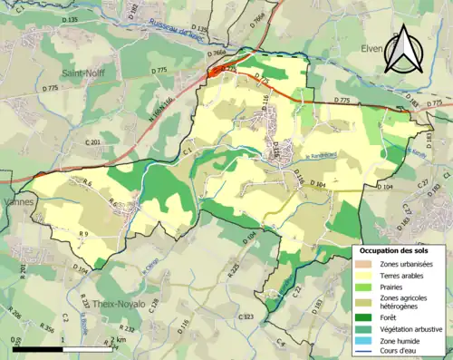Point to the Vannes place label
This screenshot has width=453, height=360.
(18, 202)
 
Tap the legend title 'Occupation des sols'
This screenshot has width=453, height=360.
(396, 249)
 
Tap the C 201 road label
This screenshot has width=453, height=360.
(92, 142)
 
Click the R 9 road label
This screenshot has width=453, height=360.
(82, 235)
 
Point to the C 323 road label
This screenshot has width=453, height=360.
(246, 317)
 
